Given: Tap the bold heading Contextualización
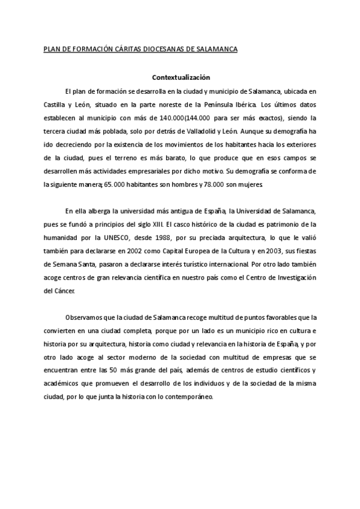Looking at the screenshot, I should click(180, 77).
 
